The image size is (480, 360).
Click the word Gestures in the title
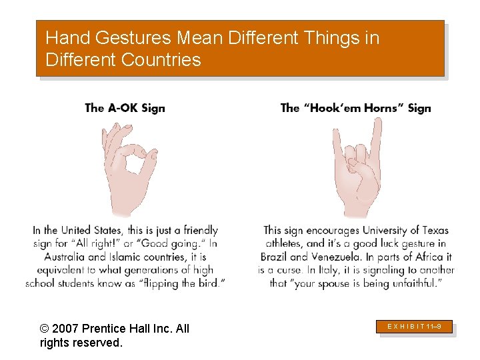127,38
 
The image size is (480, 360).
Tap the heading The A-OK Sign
125,108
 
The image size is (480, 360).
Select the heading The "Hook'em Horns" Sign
355,108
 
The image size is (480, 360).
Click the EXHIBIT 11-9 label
415,327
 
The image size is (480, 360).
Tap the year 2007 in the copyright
67,329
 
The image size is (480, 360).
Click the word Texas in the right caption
433,231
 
